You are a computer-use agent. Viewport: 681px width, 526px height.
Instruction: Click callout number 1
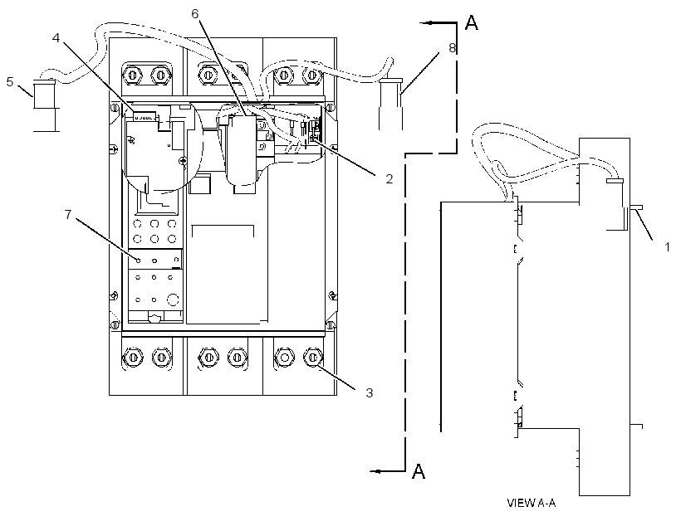coord(667,247)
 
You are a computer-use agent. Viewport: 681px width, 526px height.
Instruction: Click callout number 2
coord(389,178)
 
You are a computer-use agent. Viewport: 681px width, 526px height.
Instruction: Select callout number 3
coord(370,392)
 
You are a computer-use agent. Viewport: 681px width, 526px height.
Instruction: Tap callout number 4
coord(56,38)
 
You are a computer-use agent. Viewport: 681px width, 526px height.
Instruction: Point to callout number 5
coord(10,81)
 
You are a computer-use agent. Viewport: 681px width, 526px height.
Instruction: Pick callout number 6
coord(195,14)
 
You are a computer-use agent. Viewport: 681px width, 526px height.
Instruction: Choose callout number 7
coord(68,214)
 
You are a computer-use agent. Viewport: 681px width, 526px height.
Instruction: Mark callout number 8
coord(452,48)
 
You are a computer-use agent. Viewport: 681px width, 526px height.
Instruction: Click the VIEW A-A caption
coord(532,503)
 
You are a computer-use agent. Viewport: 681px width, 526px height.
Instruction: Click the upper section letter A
coord(472,23)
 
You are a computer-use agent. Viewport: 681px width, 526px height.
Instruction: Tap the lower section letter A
coord(419,471)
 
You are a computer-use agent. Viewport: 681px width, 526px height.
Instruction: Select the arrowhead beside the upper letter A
coord(428,23)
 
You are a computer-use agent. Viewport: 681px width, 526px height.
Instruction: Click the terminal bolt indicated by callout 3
coord(312,358)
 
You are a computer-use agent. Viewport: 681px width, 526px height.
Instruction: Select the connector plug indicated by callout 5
coord(45,105)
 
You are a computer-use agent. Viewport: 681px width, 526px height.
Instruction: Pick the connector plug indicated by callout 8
coord(390,104)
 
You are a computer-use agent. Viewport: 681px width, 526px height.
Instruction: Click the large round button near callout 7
coord(173,300)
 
